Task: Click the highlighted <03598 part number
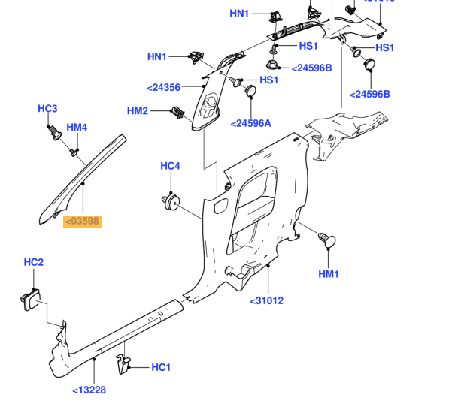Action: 82,222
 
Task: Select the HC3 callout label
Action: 47,109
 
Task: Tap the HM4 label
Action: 77,128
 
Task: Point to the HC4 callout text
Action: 171,166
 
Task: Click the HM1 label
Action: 329,274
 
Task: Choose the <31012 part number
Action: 266,301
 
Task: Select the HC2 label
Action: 34,262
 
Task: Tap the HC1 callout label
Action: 162,367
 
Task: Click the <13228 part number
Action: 89,390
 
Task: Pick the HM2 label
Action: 138,111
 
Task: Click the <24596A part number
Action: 250,123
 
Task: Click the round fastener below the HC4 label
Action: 170,200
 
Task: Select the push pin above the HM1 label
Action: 326,240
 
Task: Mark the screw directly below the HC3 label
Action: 53,133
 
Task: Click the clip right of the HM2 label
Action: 177,113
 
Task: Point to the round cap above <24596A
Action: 251,91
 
